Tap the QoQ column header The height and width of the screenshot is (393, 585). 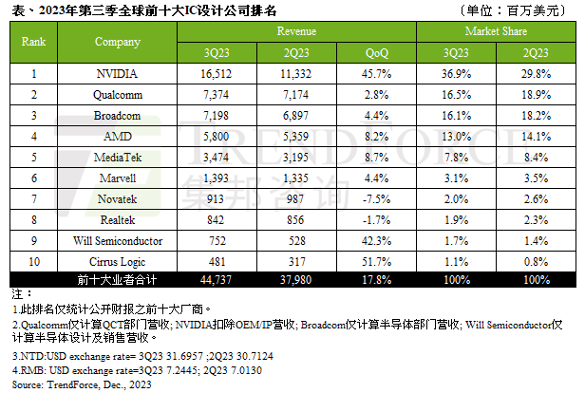(x=377, y=52)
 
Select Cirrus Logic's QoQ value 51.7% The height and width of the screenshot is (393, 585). (x=377, y=260)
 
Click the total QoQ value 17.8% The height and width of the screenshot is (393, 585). (x=377, y=279)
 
